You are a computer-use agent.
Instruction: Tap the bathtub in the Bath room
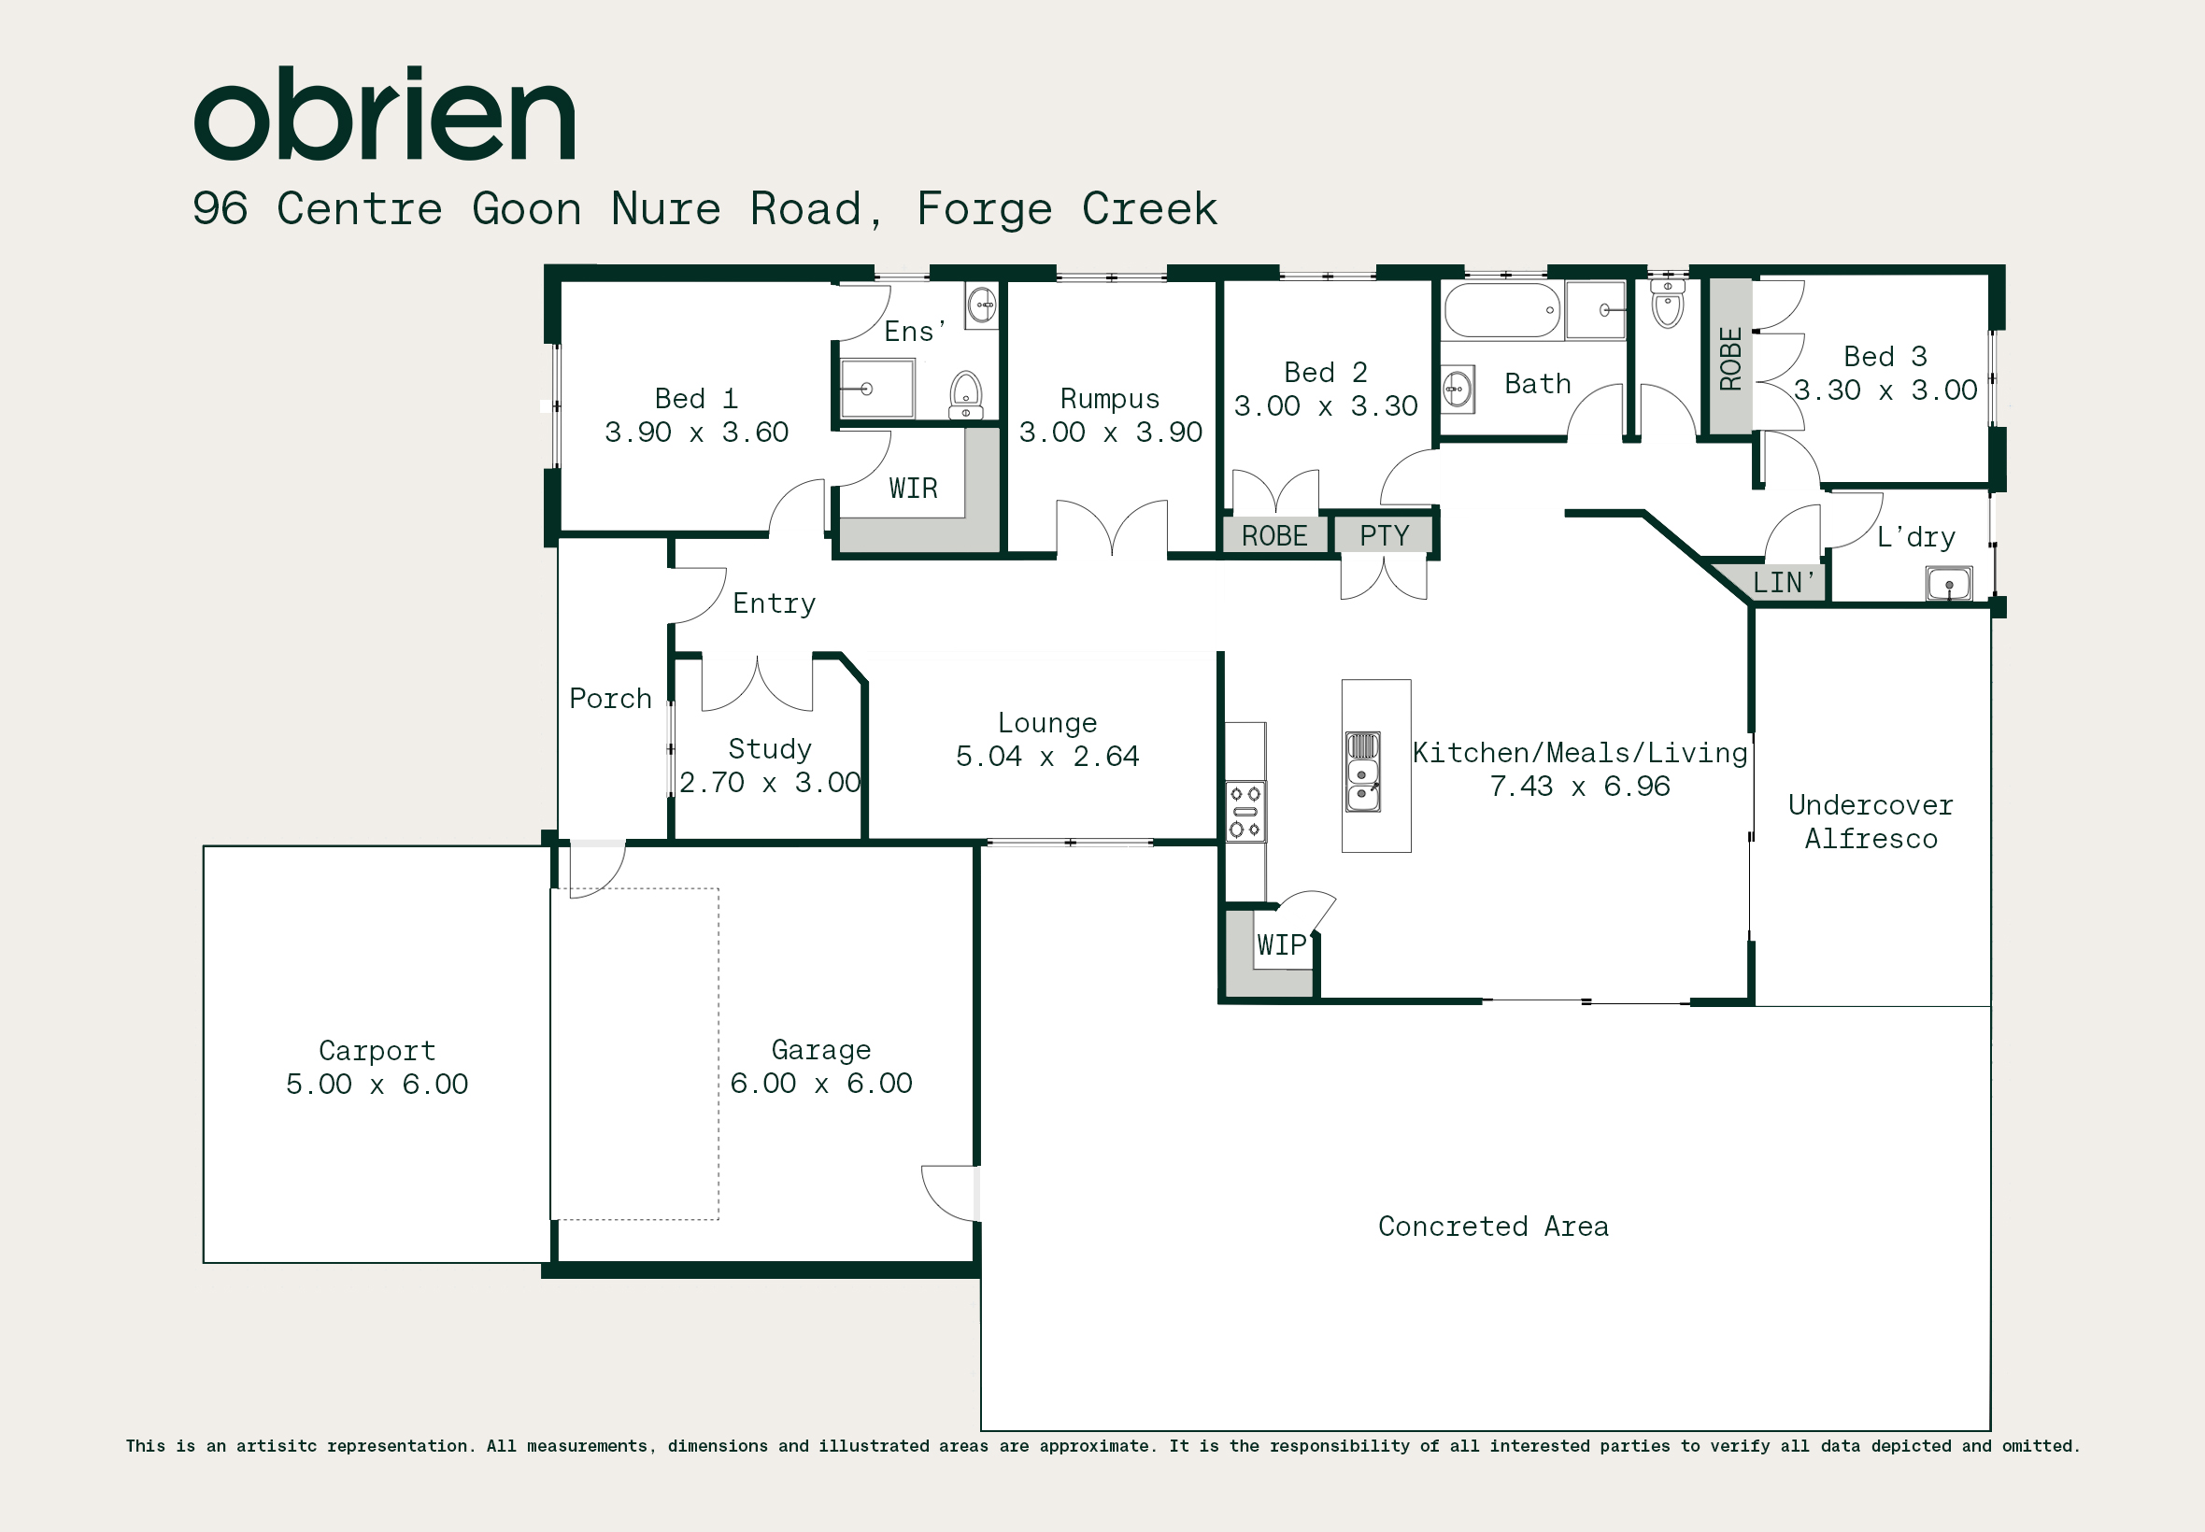click(x=1502, y=310)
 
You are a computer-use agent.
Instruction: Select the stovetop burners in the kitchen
click(x=1245, y=812)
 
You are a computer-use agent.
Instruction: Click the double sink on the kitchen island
click(x=1363, y=772)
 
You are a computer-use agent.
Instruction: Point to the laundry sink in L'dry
click(x=1949, y=584)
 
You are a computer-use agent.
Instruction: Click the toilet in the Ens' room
click(x=966, y=395)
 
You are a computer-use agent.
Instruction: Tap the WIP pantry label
click(x=1282, y=945)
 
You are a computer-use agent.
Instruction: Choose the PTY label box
click(x=1385, y=535)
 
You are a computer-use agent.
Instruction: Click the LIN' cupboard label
click(x=1783, y=583)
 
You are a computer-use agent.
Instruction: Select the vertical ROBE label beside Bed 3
click(x=1729, y=359)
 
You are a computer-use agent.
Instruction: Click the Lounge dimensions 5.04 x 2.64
click(x=1047, y=757)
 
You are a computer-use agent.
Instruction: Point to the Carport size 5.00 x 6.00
click(x=377, y=1085)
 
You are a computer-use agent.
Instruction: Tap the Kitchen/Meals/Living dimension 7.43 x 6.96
click(x=1580, y=787)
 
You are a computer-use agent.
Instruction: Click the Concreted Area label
click(x=1494, y=1226)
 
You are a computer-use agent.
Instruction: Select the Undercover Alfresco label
click(x=1871, y=822)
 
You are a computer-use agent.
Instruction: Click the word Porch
click(x=610, y=698)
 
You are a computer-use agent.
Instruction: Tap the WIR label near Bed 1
click(x=913, y=489)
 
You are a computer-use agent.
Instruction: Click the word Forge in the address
click(x=985, y=209)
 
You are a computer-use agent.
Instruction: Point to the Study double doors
click(x=758, y=684)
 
